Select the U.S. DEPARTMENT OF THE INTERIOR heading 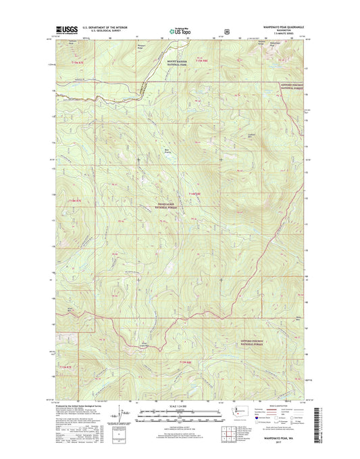pyautogui.click(x=108, y=28)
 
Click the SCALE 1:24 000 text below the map pyautogui.click(x=178, y=406)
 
